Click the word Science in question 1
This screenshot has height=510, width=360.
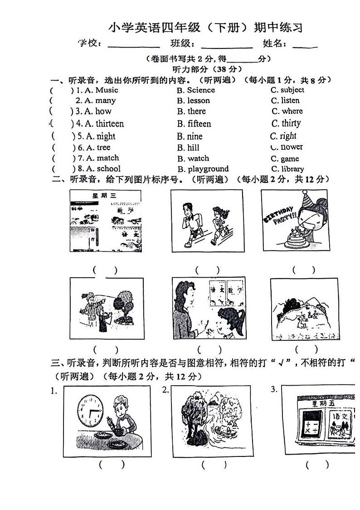(201, 90)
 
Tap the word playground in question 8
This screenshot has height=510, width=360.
(208, 169)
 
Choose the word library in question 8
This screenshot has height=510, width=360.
(292, 169)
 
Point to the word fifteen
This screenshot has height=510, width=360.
(199, 123)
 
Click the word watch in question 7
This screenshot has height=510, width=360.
(198, 158)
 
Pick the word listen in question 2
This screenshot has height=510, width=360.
(290, 100)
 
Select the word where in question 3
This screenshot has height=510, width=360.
(292, 111)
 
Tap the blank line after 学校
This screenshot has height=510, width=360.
(134, 45)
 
